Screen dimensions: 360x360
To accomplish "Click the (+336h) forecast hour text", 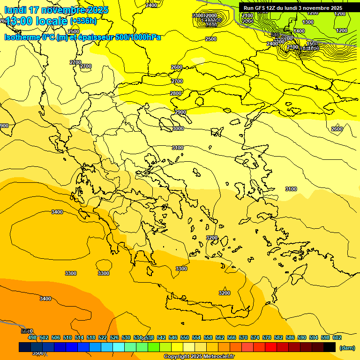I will pyautogui.click(x=84, y=21).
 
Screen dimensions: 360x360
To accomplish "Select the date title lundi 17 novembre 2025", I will pyautogui.click(x=56, y=10).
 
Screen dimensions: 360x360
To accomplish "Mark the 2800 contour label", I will pyautogui.click(x=176, y=94).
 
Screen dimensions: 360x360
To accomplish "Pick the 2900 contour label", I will pyautogui.click(x=180, y=112).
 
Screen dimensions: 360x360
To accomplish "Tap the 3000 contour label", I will pyautogui.click(x=178, y=128).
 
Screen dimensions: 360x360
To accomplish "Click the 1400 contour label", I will pyautogui.click(x=299, y=31).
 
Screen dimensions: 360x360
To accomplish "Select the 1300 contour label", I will pyautogui.click(x=308, y=22).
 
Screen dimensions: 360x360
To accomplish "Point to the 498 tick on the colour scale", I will pyautogui.click(x=32, y=337).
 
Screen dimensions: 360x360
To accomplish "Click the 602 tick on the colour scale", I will pyautogui.click(x=337, y=337).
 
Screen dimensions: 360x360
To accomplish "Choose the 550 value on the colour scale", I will pyautogui.click(x=185, y=337).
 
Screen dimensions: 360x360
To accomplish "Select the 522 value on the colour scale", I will pyautogui.click(x=103, y=337).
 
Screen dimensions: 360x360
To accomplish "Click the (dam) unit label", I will pyautogui.click(x=347, y=347).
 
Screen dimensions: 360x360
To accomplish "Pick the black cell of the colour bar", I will pyautogui.click(x=330, y=347).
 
